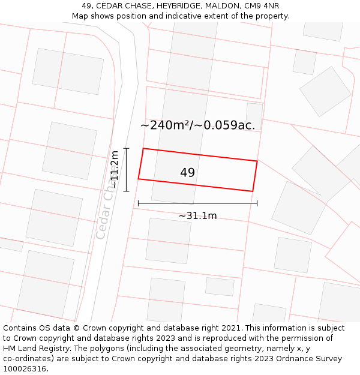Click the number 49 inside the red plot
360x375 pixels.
[x=187, y=173]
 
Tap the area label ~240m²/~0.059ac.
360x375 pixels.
[x=197, y=125]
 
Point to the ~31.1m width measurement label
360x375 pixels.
[x=198, y=216]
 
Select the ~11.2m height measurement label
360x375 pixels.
[x=114, y=170]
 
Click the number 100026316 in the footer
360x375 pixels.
[x=25, y=369]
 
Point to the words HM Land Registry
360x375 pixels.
[x=35, y=349]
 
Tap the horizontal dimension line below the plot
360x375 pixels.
[x=197, y=203]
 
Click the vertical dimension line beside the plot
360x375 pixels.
[x=126, y=170]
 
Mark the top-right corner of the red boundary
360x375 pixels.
[x=257, y=161]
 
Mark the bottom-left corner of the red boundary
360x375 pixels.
[x=139, y=179]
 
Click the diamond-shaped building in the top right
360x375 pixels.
[x=325, y=91]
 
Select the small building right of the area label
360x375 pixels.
[x=254, y=115]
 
